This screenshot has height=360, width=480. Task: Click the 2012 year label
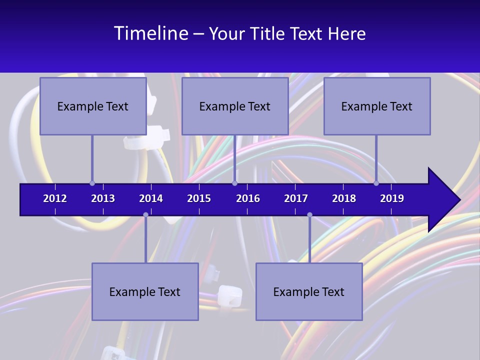(55, 198)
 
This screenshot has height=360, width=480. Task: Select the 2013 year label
(103, 198)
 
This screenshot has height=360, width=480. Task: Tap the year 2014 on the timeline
(151, 198)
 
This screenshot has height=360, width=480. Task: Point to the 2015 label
(199, 198)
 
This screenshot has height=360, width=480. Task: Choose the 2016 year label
(248, 198)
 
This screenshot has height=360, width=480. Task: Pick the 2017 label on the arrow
(296, 198)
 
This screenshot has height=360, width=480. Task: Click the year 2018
(344, 198)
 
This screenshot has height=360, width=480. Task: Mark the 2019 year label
(392, 198)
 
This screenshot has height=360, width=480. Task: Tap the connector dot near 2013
(92, 183)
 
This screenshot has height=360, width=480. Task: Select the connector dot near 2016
(234, 183)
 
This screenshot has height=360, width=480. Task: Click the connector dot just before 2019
(376, 183)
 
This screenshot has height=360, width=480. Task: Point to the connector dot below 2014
(145, 214)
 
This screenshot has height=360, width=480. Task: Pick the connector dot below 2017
(309, 214)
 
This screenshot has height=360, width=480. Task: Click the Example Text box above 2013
(93, 106)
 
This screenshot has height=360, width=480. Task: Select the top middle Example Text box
(235, 106)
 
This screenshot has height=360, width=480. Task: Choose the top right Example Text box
(377, 106)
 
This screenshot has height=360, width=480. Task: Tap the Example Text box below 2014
(145, 292)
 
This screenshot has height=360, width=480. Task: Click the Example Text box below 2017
(309, 292)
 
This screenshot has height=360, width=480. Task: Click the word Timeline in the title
(150, 33)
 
